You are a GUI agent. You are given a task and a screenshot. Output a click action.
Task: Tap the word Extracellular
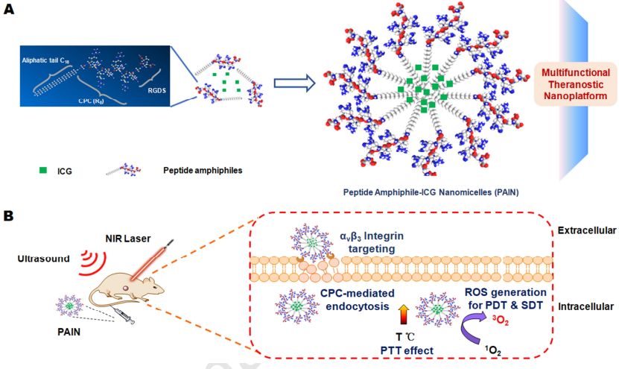586,231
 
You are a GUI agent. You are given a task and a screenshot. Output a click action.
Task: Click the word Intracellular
586,306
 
